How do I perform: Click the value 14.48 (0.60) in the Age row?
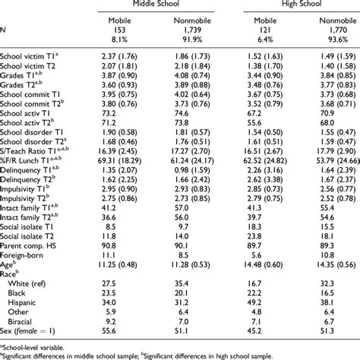pos(257,265)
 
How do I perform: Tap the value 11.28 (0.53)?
pos(189,265)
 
